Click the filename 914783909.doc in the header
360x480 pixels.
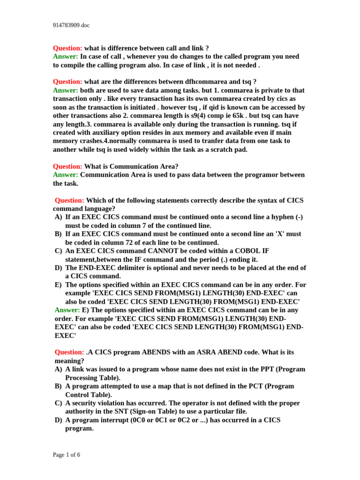71,25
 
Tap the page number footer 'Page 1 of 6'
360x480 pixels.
66,454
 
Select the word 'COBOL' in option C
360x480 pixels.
240,251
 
